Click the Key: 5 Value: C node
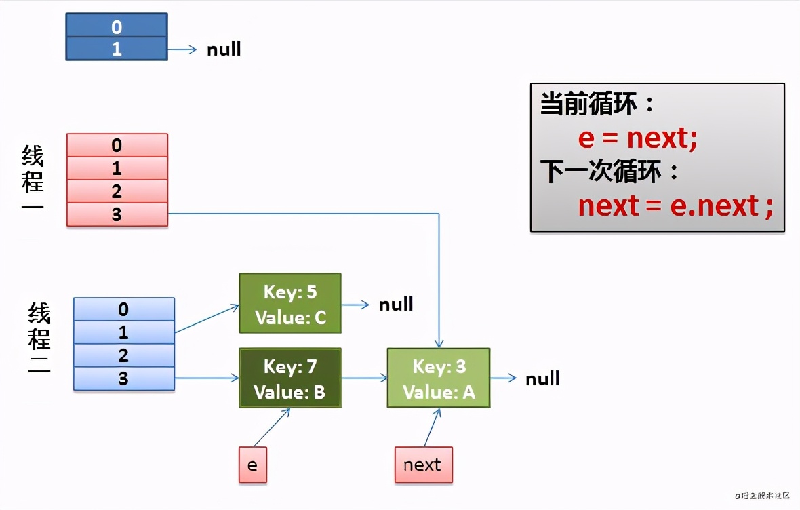click(289, 303)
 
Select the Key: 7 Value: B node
click(289, 378)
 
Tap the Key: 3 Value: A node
click(438, 378)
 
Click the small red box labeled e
click(252, 465)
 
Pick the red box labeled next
click(423, 465)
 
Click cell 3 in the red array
click(117, 214)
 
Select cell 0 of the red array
click(117, 145)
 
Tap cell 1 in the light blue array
click(123, 332)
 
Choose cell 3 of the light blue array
click(123, 378)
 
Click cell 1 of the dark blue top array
click(116, 49)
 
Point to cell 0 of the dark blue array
click(116, 26)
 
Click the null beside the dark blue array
click(224, 50)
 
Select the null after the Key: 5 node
click(396, 304)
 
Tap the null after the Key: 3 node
click(542, 378)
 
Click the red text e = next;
click(637, 138)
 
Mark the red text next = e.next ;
click(675, 205)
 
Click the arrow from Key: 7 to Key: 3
click(363, 378)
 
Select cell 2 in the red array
click(117, 191)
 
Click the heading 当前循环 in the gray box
click(590, 105)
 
